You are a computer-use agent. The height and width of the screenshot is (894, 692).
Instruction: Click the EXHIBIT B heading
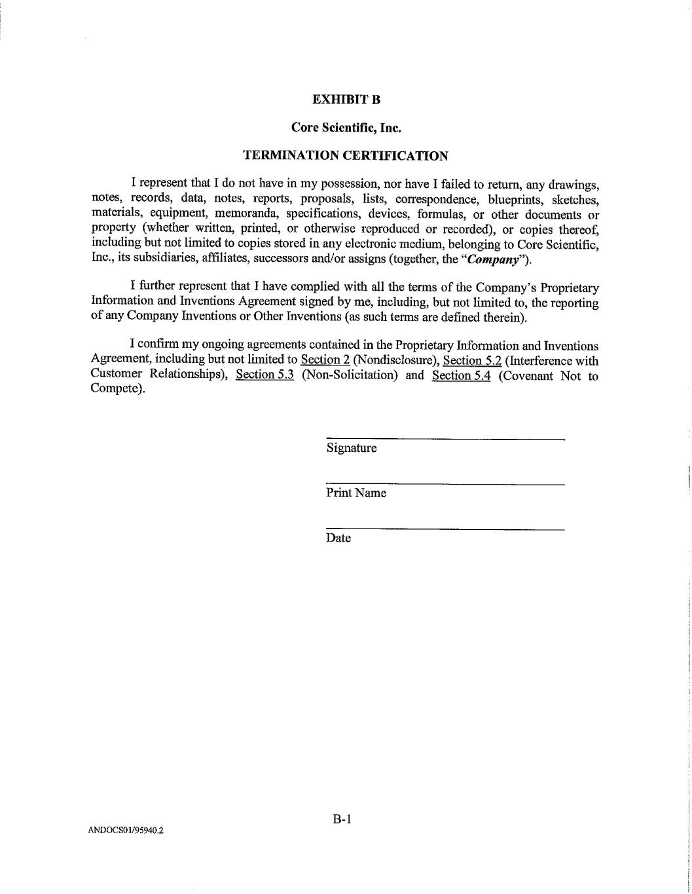[346, 100]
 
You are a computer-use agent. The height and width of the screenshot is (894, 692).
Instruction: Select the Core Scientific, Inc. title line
[346, 128]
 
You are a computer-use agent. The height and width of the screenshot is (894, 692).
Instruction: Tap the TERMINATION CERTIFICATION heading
[346, 156]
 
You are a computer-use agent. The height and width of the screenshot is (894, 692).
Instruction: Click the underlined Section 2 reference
[325, 360]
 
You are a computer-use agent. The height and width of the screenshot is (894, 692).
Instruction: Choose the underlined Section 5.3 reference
[264, 375]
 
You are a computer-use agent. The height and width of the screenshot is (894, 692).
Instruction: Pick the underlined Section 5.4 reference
[461, 375]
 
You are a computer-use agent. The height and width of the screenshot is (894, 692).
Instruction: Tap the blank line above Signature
[445, 439]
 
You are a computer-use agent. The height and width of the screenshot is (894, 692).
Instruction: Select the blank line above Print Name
[445, 484]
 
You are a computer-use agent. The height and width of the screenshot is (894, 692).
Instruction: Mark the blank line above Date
[445, 529]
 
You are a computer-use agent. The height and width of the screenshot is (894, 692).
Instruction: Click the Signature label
[352, 449]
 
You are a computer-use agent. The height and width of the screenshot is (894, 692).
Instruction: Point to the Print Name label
[356, 493]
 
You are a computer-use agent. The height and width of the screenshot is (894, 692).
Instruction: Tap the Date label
[338, 538]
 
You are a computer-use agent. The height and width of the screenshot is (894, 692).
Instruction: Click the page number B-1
[342, 819]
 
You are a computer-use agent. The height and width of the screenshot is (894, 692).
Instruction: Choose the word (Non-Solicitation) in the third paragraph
[350, 375]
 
